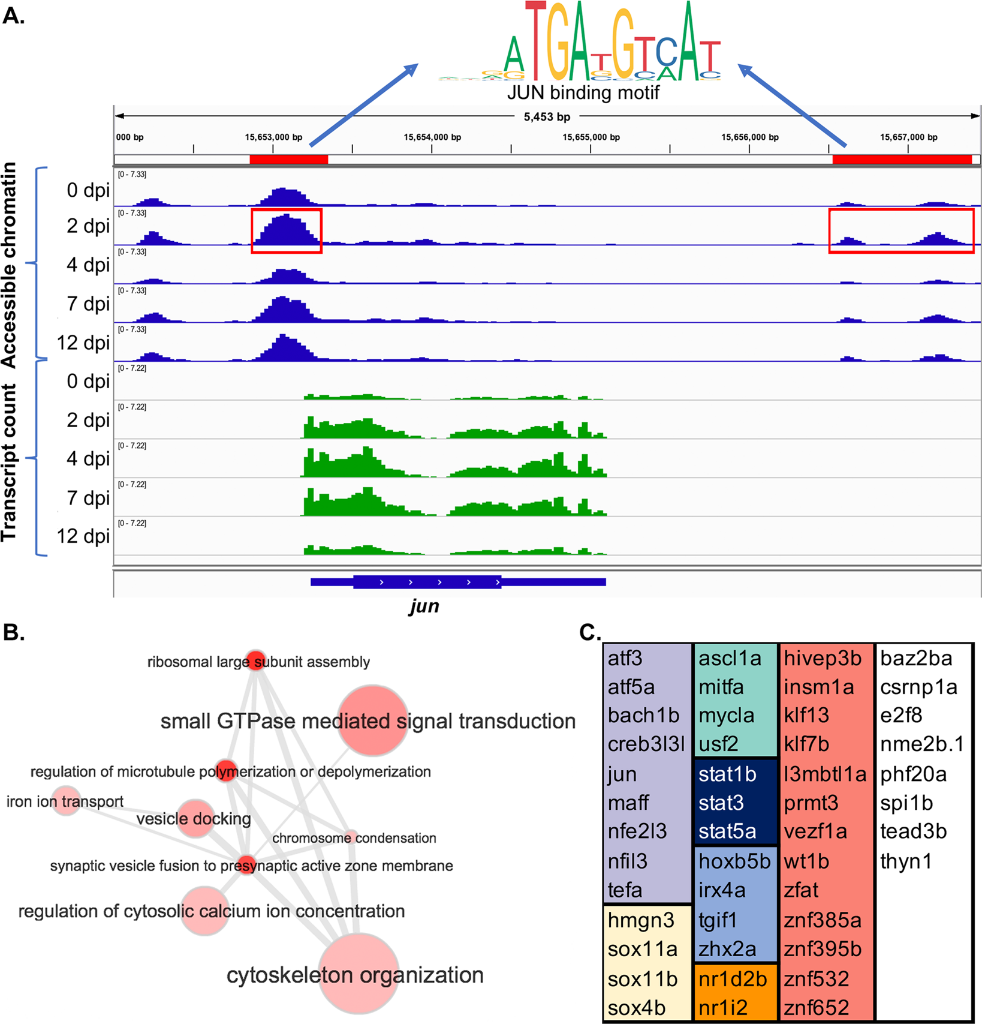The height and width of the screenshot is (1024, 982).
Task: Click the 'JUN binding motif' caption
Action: tap(583, 92)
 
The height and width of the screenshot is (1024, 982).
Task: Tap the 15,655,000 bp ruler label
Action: tap(591, 137)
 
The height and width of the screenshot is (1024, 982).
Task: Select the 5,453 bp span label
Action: tap(547, 117)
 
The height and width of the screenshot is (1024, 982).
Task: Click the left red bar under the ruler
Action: tap(288, 160)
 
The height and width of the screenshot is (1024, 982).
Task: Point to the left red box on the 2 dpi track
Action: tap(287, 231)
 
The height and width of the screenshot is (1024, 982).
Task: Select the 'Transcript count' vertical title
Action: tap(10, 462)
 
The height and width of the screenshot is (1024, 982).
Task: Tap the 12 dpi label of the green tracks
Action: tap(83, 536)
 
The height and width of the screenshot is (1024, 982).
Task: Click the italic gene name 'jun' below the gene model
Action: tap(424, 606)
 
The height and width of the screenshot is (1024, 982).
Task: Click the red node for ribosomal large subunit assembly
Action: tap(256, 660)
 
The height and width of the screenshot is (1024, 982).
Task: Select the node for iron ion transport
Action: tap(66, 801)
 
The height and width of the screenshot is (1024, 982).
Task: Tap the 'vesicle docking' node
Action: tap(195, 817)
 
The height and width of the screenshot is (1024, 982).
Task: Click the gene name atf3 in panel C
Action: tap(625, 659)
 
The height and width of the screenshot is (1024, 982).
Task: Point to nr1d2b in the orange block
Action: tap(733, 979)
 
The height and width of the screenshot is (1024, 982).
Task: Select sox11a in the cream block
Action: tap(642, 950)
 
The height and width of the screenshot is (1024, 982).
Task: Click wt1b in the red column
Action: tap(806, 861)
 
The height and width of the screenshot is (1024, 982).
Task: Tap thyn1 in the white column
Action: tap(906, 861)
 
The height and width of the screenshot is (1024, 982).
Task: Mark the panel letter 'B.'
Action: tap(14, 633)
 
